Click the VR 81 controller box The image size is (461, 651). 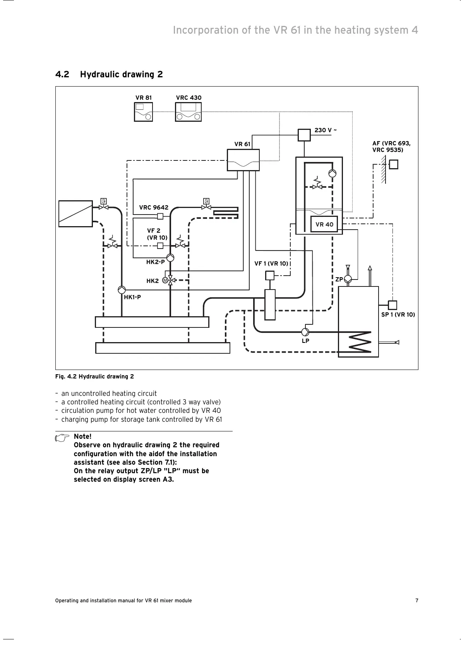point(143,112)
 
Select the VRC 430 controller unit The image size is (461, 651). point(189,112)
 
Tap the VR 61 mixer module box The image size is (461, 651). point(243,160)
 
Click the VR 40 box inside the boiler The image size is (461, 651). point(324,224)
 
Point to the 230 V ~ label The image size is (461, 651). point(326,130)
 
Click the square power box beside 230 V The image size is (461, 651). point(304,135)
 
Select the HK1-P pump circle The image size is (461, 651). point(122,290)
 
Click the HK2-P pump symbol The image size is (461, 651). point(170,257)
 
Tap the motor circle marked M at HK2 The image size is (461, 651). point(165,280)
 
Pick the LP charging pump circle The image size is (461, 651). point(305,332)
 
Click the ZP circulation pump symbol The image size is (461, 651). point(348,279)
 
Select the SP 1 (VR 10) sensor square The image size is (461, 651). point(392,305)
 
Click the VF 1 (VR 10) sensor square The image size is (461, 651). point(270,275)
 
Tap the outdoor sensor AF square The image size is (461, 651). point(394,164)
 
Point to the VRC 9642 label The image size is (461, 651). point(154,208)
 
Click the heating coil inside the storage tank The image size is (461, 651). point(360,342)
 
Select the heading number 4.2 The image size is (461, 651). point(62,74)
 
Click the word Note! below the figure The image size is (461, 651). point(82,436)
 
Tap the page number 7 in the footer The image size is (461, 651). point(417,600)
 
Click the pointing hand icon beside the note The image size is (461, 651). point(61,438)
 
